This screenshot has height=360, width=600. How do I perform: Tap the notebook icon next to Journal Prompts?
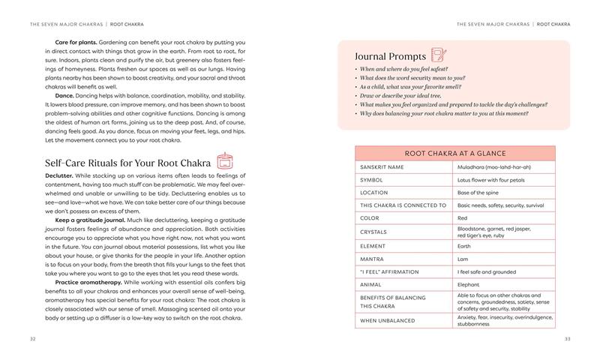(x=439, y=55)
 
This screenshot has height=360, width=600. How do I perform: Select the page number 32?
(x=33, y=339)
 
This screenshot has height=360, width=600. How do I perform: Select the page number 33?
(x=567, y=339)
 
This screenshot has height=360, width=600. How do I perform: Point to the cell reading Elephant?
(x=469, y=284)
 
